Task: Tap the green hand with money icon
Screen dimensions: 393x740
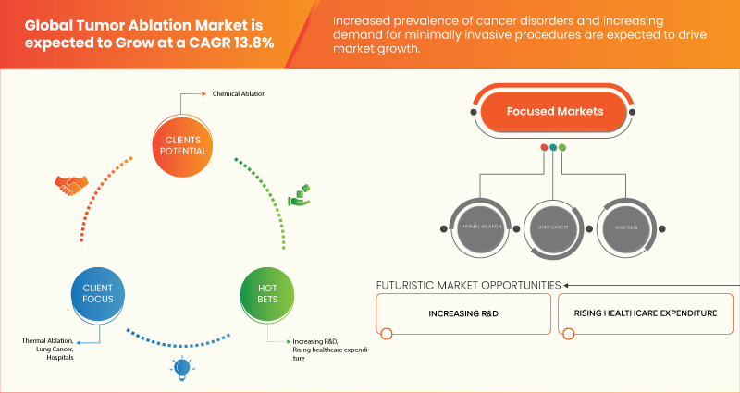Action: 299,195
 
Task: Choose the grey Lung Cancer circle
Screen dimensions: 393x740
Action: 552,226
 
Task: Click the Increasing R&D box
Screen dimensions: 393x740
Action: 464,313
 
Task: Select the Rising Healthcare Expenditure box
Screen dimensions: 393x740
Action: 644,313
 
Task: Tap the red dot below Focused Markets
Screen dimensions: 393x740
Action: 543,147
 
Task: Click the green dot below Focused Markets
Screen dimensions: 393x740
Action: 562,147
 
